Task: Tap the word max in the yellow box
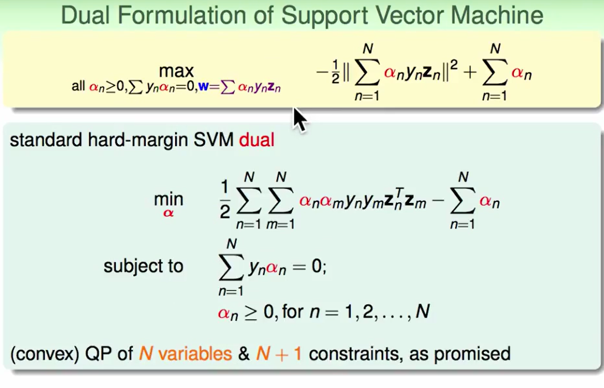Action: [x=177, y=71]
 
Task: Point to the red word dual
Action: [x=257, y=140]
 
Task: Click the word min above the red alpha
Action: [x=168, y=199]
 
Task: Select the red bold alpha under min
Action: [x=168, y=213]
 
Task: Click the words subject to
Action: [x=143, y=266]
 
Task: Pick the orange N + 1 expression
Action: [x=279, y=354]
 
